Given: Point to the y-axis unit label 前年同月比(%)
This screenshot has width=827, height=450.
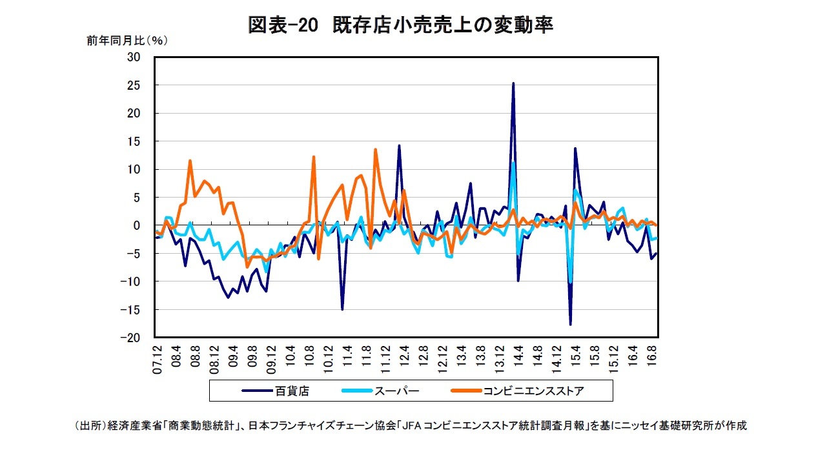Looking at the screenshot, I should (127, 41).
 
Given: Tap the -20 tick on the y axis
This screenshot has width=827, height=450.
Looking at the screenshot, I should (132, 338).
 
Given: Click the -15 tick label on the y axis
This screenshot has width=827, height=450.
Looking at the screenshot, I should (132, 310).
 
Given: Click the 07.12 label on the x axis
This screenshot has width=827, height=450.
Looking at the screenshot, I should (156, 359).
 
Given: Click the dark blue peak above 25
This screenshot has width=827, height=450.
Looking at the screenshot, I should (513, 83).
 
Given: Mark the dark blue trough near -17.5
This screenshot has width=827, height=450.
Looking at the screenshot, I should (571, 324).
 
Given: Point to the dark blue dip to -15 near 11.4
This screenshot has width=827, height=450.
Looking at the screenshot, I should (342, 309).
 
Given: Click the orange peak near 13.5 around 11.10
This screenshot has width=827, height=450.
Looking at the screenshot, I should (375, 150).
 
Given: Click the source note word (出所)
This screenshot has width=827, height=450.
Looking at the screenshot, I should (89, 426).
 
